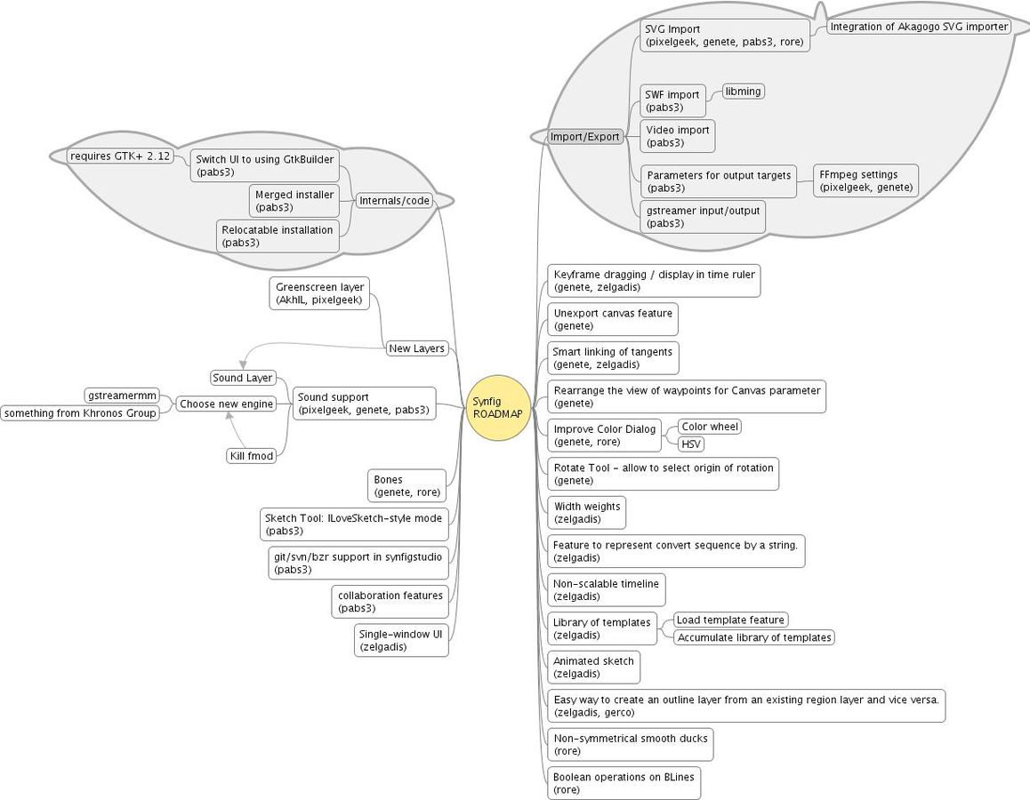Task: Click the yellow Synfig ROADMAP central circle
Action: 498,407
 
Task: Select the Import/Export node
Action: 584,137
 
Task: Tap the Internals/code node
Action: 394,201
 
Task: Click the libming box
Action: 743,92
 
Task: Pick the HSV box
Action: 691,444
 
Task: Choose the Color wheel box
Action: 710,427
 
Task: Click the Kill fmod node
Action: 252,456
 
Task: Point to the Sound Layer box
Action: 243,378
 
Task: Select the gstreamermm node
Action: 123,396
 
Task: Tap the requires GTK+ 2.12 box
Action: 120,156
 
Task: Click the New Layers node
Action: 416,348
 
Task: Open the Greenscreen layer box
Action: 319,293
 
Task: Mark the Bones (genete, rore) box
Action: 406,485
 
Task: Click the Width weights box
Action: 586,513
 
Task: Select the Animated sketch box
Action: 593,668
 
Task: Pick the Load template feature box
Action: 730,620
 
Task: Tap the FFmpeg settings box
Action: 865,181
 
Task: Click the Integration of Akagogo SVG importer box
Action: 918,27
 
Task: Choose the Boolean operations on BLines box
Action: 624,783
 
